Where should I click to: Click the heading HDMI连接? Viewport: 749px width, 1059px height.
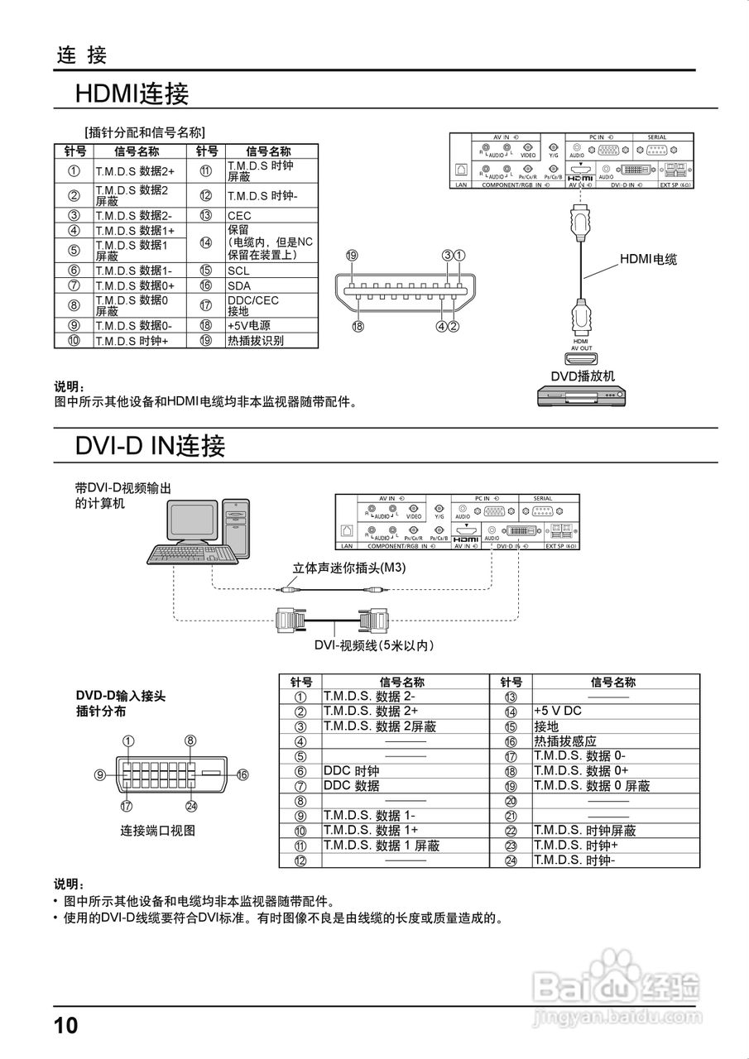pyautogui.click(x=132, y=93)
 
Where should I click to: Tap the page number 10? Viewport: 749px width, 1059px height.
pyautogui.click(x=65, y=1026)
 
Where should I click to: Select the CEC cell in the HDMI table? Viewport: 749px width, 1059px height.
pyautogui.click(x=239, y=215)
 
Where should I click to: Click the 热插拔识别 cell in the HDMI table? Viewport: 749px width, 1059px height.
pyautogui.click(x=255, y=340)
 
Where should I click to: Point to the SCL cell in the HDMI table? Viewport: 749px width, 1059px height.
pyautogui.click(x=238, y=271)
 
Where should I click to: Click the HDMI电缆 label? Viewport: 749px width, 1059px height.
pyautogui.click(x=648, y=260)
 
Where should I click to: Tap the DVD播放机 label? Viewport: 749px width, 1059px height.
pyautogui.click(x=583, y=376)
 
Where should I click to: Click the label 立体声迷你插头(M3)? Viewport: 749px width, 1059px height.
pyautogui.click(x=349, y=568)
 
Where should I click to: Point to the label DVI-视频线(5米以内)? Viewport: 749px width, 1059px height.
pyautogui.click(x=375, y=645)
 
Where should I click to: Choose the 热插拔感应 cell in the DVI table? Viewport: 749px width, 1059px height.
pyautogui.click(x=564, y=741)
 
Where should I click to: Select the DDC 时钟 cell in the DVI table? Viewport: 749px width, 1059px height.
pyautogui.click(x=351, y=771)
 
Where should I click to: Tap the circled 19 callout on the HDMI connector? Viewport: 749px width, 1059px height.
pyautogui.click(x=352, y=256)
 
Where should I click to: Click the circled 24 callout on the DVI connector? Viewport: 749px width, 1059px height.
pyautogui.click(x=191, y=806)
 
